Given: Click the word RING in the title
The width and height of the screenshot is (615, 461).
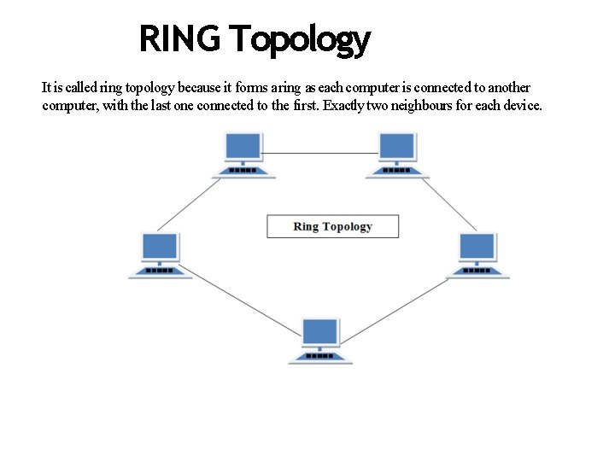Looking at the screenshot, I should (x=180, y=39).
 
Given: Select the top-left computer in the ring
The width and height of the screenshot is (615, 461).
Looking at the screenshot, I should (x=244, y=155).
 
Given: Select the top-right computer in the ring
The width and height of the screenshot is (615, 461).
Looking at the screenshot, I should (x=396, y=155).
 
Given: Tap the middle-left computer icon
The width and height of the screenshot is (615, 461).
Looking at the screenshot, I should (x=161, y=254).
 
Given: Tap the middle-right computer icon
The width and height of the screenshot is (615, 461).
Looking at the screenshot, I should (x=477, y=254).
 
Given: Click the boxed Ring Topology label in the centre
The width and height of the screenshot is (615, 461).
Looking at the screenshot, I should (x=332, y=226).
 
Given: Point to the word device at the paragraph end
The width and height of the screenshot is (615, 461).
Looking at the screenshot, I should (x=520, y=106).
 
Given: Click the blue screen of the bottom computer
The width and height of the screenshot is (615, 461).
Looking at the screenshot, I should (x=321, y=331).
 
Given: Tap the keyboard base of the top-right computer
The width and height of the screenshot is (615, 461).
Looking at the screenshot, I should (x=396, y=171).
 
